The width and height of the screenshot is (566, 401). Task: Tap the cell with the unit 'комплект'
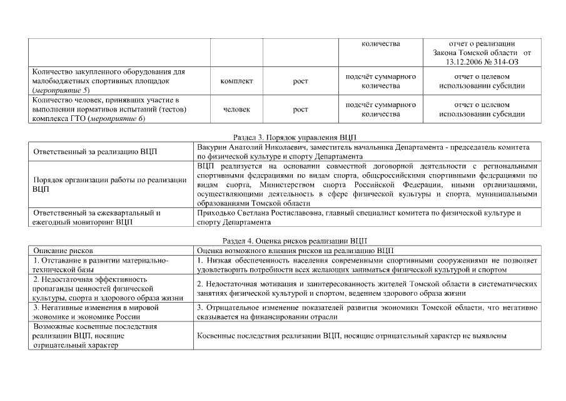click(x=237, y=81)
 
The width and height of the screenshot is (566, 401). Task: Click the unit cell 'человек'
click(x=237, y=109)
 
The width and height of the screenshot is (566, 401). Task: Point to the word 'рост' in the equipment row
click(x=300, y=81)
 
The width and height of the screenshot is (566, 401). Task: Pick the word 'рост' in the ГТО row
click(x=300, y=109)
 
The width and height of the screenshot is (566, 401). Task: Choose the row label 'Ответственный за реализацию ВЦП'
click(x=95, y=151)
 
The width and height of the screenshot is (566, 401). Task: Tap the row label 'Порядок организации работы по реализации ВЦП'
click(x=109, y=184)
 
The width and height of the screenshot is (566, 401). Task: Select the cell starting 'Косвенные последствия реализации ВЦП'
click(x=350, y=336)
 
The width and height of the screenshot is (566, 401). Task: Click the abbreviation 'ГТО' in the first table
click(x=75, y=118)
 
